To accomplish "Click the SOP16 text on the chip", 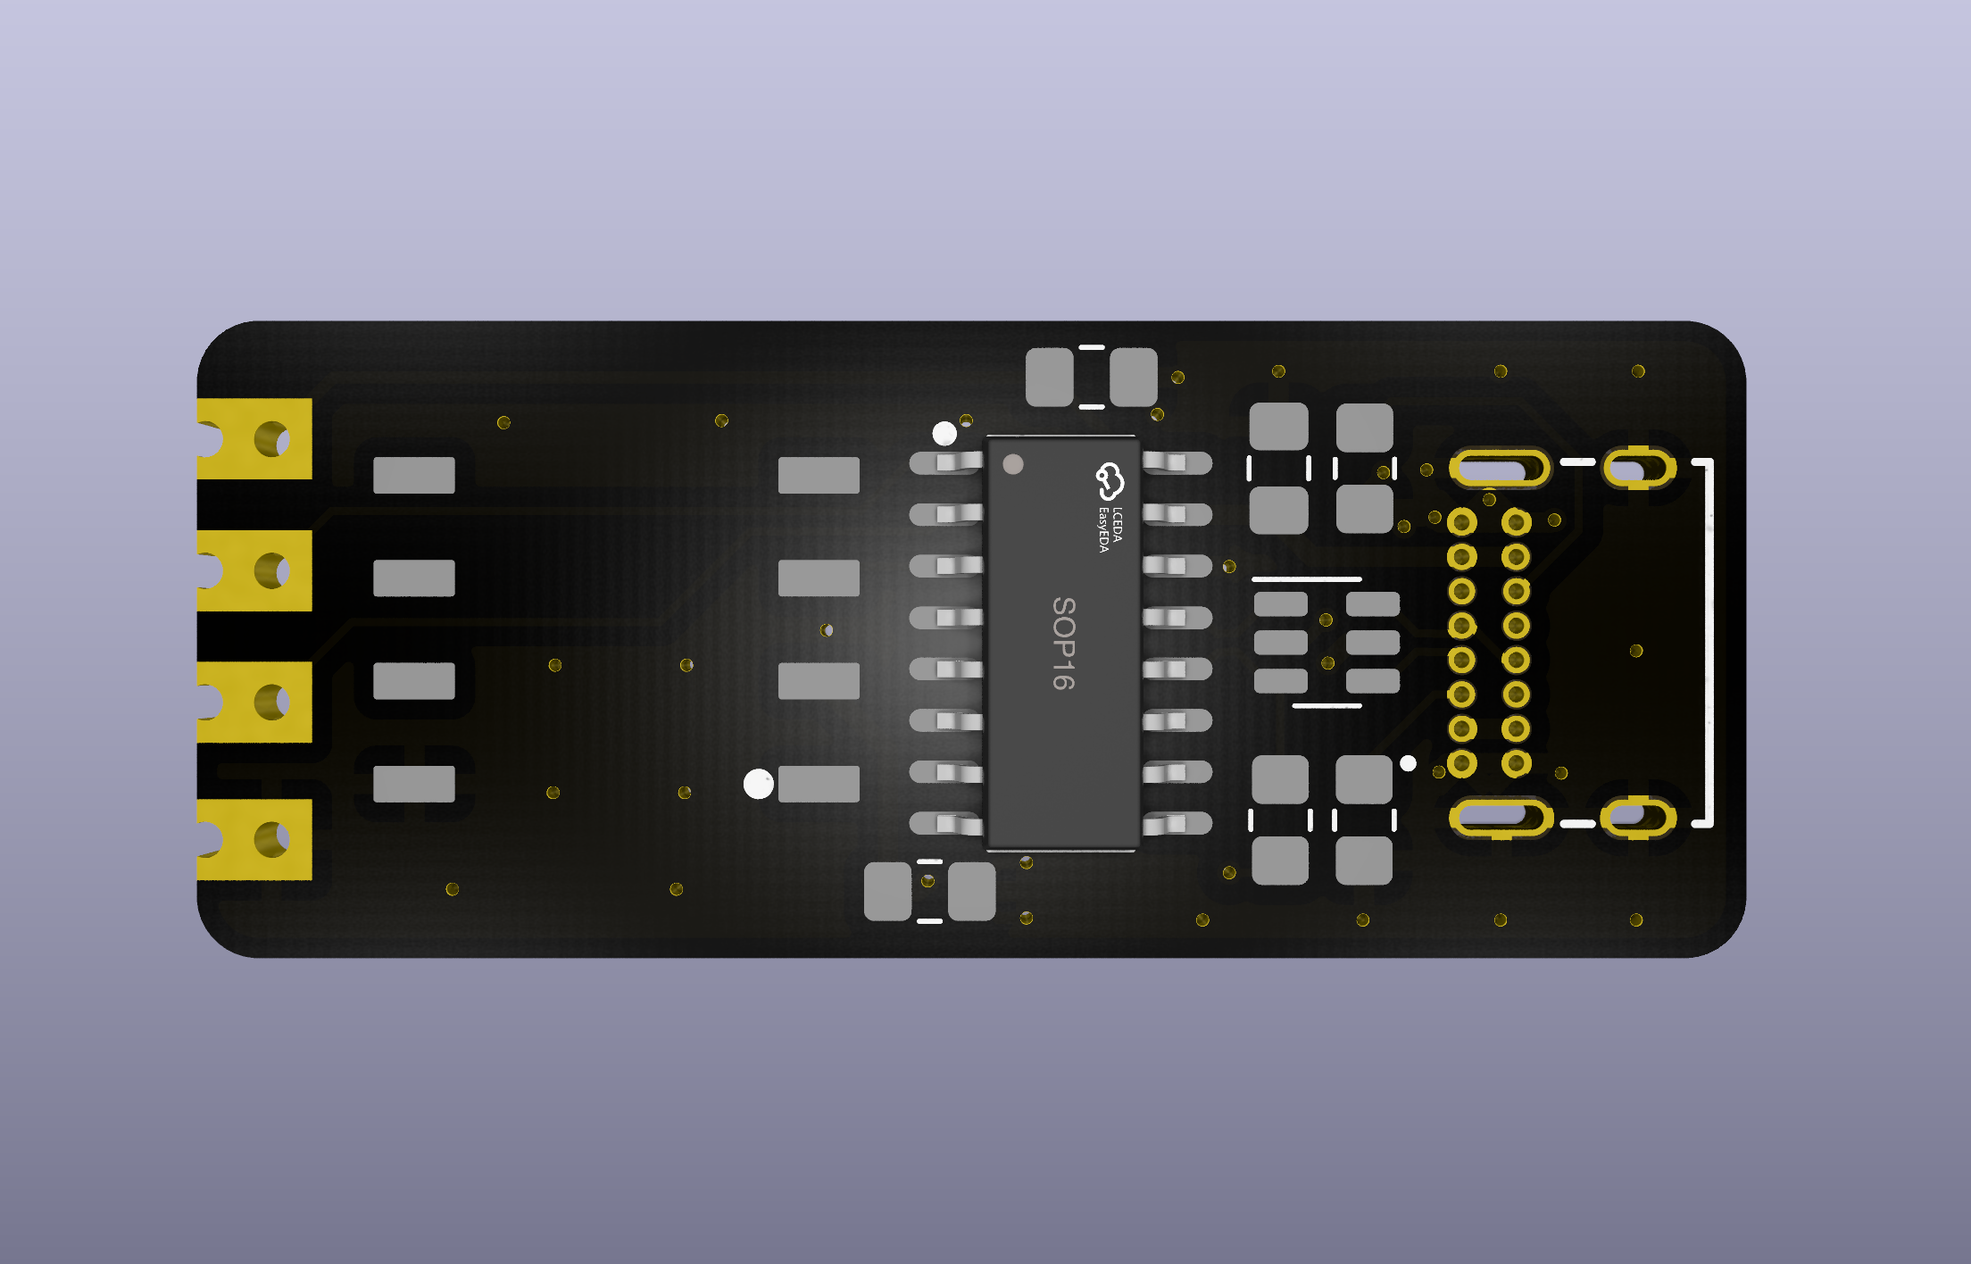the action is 1063,644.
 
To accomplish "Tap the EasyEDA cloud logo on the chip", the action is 1110,482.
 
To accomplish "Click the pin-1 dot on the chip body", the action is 1013,464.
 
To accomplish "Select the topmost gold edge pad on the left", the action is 254,439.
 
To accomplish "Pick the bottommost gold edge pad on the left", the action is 254,839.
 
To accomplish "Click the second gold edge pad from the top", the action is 254,570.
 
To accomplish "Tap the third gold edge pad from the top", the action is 254,702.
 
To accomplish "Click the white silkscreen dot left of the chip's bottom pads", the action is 759,785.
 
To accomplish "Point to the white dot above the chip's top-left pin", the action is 944,434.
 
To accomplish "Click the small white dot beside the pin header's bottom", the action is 1409,763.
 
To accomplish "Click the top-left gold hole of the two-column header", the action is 1461,522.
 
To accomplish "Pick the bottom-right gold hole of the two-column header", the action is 1516,763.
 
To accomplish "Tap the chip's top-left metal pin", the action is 947,462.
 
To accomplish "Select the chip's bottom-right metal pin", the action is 1177,823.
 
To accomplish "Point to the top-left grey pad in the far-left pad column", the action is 414,475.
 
